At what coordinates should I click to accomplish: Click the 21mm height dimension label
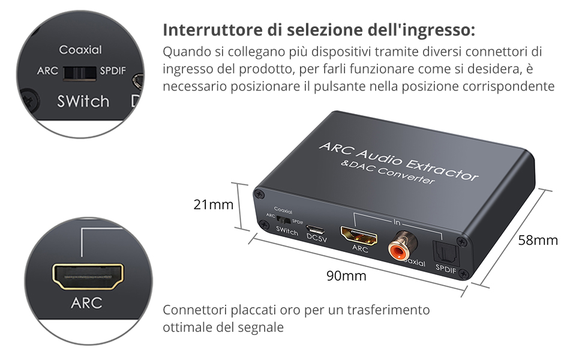(213, 205)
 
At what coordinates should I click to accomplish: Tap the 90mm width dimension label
(346, 276)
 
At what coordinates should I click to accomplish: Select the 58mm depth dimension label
(538, 241)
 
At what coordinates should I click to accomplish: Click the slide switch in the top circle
(80, 71)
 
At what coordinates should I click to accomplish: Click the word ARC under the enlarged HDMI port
(86, 303)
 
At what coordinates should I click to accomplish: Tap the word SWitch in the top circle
(83, 101)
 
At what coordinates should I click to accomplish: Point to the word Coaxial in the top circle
(80, 50)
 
